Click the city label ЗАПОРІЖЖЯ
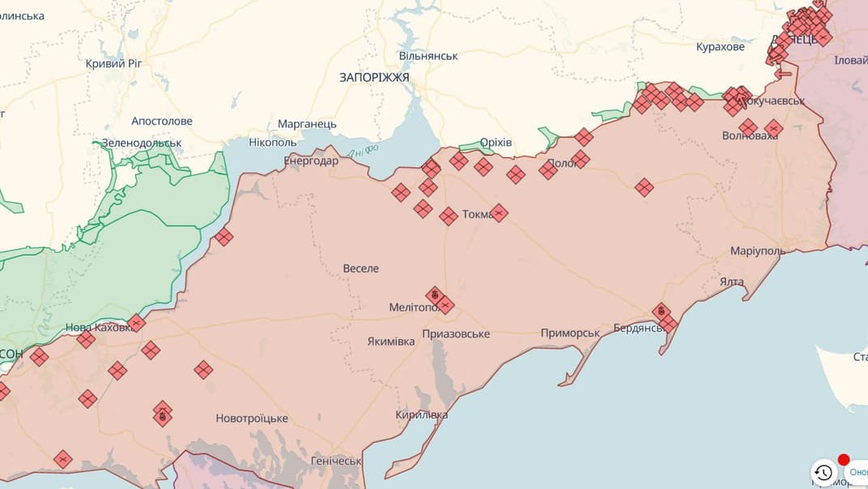point(374,77)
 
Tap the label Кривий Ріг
point(114,63)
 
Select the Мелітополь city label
point(413,307)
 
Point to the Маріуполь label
point(757,251)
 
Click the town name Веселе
point(360,268)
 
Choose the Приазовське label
point(456,334)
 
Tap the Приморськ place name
point(570,333)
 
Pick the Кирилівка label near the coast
point(422,414)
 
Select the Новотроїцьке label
point(252,418)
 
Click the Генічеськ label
point(336,461)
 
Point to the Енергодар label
point(311,161)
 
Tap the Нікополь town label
point(274,143)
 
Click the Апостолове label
point(162,121)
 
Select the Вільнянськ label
point(428,56)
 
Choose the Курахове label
point(720,47)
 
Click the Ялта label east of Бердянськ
point(731,281)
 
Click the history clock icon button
point(823,473)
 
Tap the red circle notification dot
point(843,460)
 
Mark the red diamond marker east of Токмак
point(499,212)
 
